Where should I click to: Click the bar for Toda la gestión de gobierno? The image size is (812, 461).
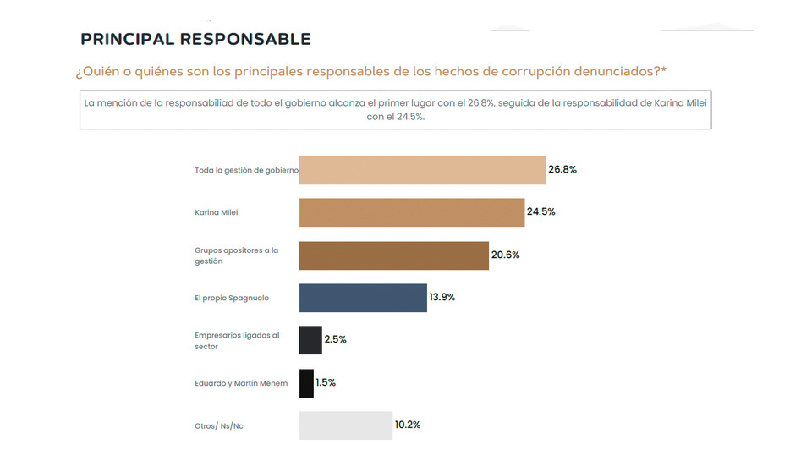pos(422,170)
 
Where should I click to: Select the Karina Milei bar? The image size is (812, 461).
pos(412,212)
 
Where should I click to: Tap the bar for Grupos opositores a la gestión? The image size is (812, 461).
pos(394,255)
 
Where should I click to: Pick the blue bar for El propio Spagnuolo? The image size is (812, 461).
pos(363,298)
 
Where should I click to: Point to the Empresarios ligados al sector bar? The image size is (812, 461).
pos(310,340)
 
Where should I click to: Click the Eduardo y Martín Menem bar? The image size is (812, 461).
pos(306,383)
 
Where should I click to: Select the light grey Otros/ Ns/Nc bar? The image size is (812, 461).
pos(345,425)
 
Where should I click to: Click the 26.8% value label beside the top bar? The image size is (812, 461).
pos(562,169)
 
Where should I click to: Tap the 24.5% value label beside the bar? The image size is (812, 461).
pos(541,211)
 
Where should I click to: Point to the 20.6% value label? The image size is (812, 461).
pos(505,255)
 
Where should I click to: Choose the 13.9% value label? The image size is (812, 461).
pos(443,298)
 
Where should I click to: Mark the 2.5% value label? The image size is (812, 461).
pos(336,339)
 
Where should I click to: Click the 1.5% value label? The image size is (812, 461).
pos(326,382)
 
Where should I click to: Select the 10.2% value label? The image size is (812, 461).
pos(408,425)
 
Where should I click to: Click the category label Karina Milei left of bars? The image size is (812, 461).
pos(217,212)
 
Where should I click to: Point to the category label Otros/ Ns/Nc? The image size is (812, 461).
pos(218,425)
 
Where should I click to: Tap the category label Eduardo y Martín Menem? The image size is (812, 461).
pos(241,383)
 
